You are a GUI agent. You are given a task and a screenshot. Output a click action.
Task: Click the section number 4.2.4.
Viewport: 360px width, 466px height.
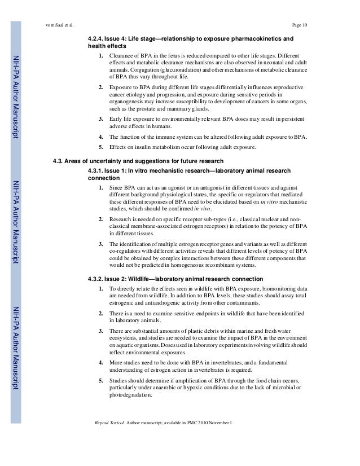95,39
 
